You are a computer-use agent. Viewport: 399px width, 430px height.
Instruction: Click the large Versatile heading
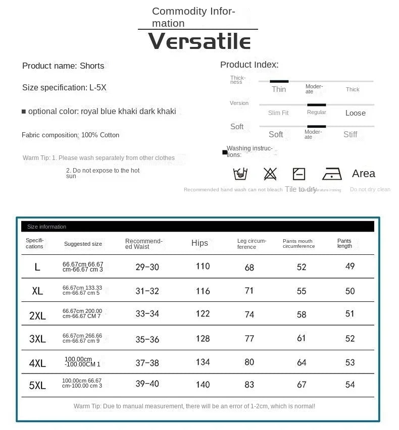pos(200,41)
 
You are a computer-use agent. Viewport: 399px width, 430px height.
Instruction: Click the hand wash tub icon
pos(240,174)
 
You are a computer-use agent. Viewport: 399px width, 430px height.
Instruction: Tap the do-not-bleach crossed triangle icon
pos(270,174)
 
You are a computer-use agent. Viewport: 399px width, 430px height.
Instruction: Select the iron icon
pos(332,174)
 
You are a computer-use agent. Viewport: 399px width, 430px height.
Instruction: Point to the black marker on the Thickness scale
pos(279,81)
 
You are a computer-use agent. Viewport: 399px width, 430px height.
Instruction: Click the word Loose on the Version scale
pos(355,113)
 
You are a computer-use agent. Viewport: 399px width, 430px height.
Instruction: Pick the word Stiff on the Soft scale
pos(350,134)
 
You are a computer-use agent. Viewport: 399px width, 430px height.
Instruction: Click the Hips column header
pos(199,243)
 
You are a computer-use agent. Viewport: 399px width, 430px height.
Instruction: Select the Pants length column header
pos(344,243)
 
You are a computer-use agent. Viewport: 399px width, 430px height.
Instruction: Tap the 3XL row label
pos(37,339)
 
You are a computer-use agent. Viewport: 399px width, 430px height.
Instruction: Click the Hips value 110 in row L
pos(203,266)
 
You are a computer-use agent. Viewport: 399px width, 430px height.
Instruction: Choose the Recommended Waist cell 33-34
pos(147,314)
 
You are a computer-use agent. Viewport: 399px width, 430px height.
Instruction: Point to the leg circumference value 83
pos(250,385)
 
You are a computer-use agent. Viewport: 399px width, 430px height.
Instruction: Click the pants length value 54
pos(350,385)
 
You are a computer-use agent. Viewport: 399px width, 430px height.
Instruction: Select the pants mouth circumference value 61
pos(302,338)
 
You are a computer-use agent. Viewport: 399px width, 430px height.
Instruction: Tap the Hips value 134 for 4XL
pos(203,362)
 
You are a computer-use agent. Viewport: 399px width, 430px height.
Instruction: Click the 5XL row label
pos(37,385)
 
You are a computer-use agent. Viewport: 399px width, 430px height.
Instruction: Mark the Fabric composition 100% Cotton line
pos(71,135)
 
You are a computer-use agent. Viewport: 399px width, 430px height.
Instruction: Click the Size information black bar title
pos(46,227)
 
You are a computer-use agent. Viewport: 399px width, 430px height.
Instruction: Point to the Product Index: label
pos(249,65)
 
